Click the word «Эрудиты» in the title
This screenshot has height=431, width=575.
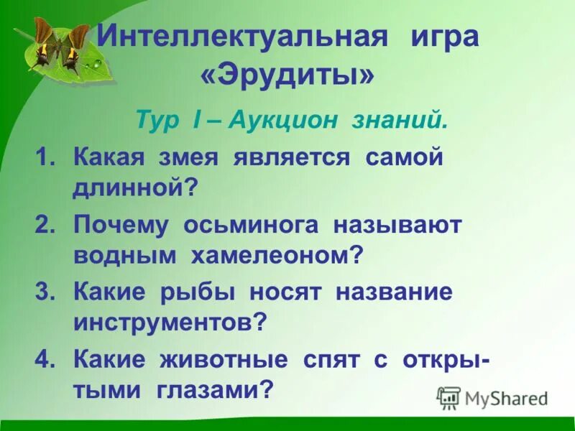287,75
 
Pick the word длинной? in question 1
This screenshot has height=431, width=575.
135,189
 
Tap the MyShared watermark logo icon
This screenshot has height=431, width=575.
448,397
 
